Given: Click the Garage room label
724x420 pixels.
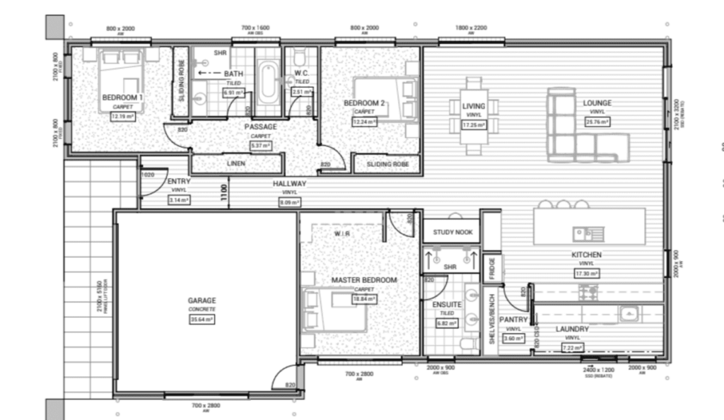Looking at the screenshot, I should click(x=202, y=301).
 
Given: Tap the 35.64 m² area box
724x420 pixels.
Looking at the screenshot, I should click(x=202, y=319).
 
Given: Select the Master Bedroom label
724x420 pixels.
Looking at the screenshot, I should click(x=364, y=280).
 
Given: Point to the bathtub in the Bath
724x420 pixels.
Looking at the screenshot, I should click(x=267, y=83).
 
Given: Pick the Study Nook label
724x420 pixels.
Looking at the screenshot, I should click(x=452, y=231).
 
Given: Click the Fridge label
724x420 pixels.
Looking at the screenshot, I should click(x=492, y=269).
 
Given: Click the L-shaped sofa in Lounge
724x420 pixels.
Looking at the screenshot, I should click(x=580, y=134).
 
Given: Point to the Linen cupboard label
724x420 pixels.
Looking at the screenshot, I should click(x=236, y=164).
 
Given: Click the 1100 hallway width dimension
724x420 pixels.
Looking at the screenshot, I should click(x=223, y=192).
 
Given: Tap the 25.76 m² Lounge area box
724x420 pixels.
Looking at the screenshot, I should click(x=597, y=122).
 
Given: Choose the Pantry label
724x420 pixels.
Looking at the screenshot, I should click(x=513, y=320).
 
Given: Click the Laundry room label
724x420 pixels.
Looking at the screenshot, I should click(x=572, y=329).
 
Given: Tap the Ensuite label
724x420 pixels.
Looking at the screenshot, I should click(x=447, y=304).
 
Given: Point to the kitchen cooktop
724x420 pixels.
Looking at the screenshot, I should click(x=588, y=291).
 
